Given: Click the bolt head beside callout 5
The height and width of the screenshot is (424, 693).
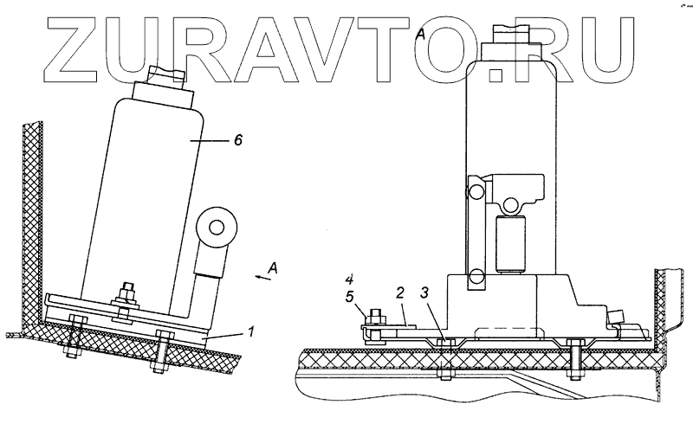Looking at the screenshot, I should point(375,317).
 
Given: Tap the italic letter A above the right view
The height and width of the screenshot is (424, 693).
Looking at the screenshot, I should point(421,34).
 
